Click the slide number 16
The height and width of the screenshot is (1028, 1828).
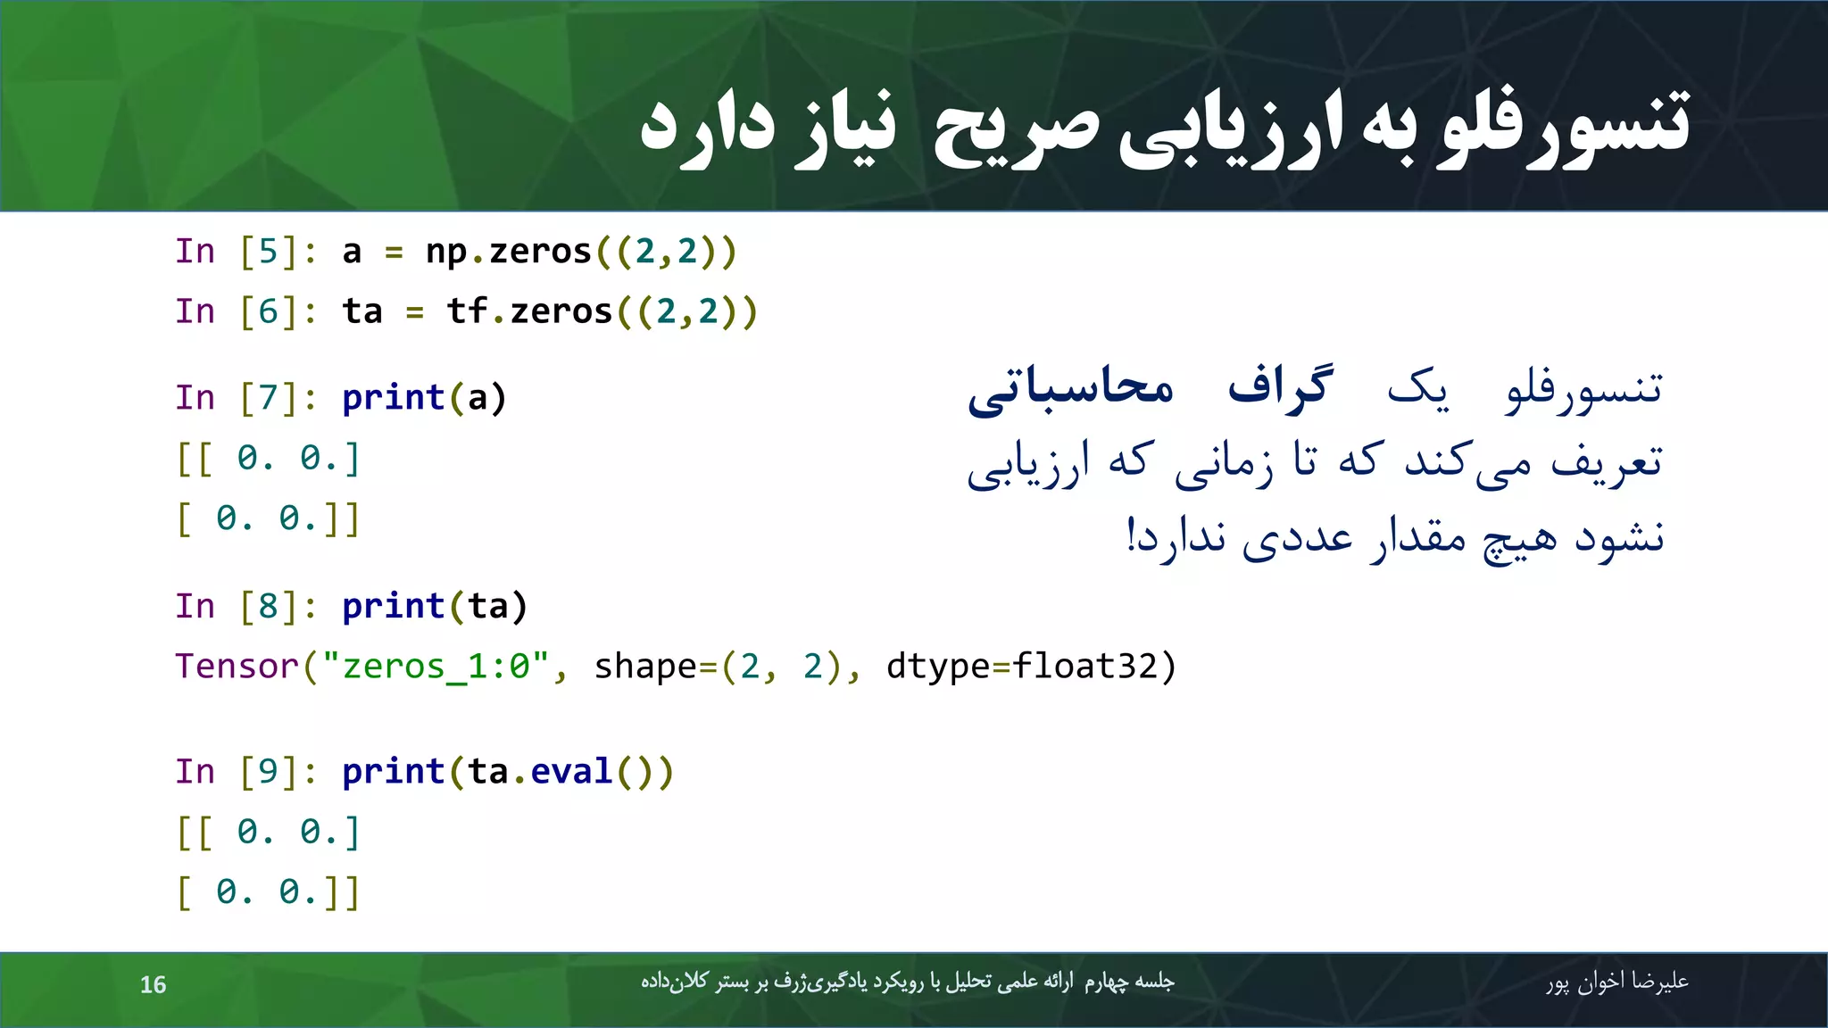point(153,984)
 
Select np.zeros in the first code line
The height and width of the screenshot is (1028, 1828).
point(509,252)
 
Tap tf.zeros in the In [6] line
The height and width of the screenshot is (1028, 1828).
point(529,311)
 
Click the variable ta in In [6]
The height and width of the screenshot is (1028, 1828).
point(362,311)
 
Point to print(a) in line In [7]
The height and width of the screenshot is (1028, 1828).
point(424,398)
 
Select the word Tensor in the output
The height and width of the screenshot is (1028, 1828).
point(237,667)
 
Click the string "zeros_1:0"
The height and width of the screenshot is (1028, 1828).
point(437,667)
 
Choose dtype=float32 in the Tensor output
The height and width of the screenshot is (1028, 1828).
point(1031,667)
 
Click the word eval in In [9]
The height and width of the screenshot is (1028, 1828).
point(571,772)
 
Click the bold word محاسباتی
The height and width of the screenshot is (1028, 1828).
point(1071,389)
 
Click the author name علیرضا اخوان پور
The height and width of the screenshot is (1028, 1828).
point(1616,982)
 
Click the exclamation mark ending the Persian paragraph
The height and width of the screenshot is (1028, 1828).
point(1131,535)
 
